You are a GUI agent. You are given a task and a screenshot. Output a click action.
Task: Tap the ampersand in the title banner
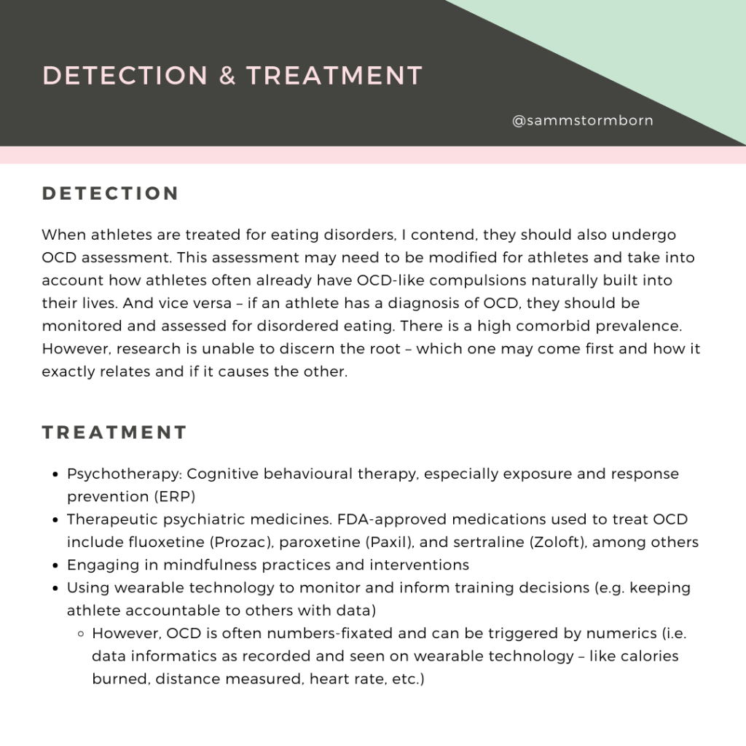[227, 76]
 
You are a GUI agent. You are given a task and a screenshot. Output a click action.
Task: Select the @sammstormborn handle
[583, 121]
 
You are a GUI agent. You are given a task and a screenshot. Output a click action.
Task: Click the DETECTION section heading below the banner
[111, 194]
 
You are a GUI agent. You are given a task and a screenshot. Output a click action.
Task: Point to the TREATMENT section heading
[115, 433]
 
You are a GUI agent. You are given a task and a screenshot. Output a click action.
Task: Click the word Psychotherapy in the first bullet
[125, 474]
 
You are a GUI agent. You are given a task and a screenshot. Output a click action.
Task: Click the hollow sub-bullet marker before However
[82, 634]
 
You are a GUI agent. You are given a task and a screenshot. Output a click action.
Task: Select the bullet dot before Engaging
[56, 565]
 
